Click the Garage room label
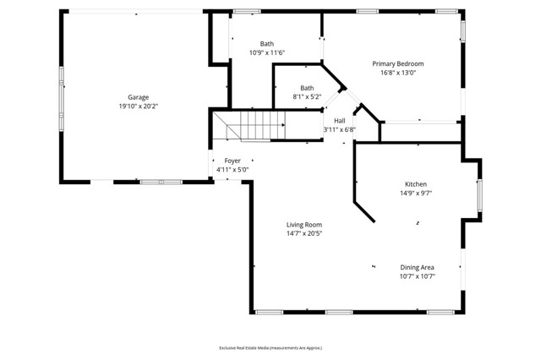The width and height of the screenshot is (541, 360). tap(138, 98)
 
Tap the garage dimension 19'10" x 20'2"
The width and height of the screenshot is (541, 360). tap(138, 106)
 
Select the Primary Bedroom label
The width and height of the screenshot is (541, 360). tap(398, 64)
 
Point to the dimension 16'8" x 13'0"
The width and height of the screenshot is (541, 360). tap(398, 73)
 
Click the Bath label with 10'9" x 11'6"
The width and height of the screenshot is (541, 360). tap(267, 44)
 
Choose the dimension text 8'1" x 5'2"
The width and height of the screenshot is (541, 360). tap(307, 96)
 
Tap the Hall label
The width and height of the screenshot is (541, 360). tap(339, 121)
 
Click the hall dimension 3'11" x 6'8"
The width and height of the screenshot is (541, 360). tap(339, 129)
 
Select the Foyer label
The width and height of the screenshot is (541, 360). tap(232, 161)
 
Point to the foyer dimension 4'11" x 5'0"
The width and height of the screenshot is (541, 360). tap(232, 169)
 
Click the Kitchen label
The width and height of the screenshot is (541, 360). tap(415, 184)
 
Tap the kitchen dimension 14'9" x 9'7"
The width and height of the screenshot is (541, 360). tap(415, 193)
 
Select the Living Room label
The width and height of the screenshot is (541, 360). tap(303, 224)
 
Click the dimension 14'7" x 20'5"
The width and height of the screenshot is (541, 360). tap(303, 233)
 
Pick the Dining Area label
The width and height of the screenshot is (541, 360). tap(417, 267)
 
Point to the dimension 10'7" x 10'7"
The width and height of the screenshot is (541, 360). tap(417, 276)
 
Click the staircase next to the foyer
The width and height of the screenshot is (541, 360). tap(249, 128)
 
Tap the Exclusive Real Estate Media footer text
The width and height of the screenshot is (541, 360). tap(270, 347)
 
